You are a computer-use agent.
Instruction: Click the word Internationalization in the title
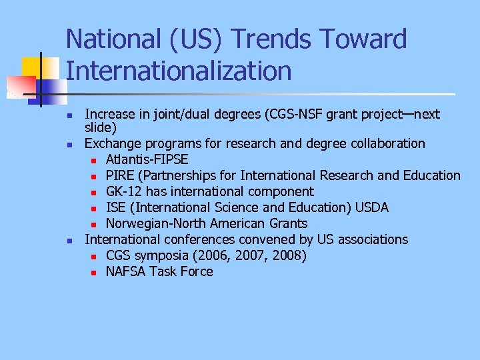click(178, 71)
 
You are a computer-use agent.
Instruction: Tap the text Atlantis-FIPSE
click(147, 159)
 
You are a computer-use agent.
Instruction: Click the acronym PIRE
click(121, 175)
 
